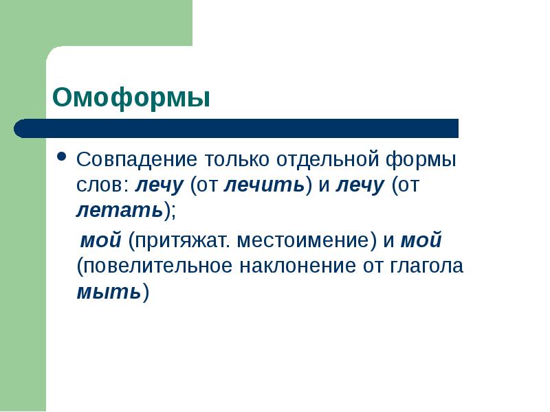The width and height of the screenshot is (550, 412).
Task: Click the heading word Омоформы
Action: [x=131, y=98]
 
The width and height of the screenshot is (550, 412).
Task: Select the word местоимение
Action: [x=302, y=242]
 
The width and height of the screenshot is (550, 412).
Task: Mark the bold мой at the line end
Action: [x=421, y=242]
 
